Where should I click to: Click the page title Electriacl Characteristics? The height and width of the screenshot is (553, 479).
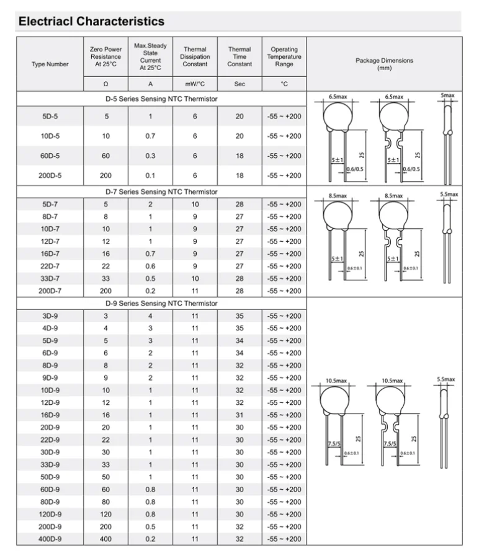[91, 21]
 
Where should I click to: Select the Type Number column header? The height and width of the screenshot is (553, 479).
[50, 64]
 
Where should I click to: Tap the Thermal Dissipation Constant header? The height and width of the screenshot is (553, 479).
[195, 56]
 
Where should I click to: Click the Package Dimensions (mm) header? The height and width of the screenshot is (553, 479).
[384, 64]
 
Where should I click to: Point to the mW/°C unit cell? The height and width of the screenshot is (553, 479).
[195, 84]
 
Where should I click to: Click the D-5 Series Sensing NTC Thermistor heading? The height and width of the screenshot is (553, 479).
[161, 99]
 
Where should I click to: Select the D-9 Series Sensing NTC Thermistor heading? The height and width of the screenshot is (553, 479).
[161, 303]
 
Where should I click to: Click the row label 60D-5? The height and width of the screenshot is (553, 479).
[50, 156]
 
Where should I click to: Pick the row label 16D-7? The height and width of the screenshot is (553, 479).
[50, 254]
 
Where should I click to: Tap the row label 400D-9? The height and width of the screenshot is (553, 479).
[50, 539]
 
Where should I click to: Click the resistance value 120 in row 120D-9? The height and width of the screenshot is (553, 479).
[106, 514]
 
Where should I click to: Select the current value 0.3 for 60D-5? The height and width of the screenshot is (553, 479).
[150, 156]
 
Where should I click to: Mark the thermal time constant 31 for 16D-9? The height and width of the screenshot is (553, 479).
[239, 415]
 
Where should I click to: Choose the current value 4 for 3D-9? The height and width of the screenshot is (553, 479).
[150, 316]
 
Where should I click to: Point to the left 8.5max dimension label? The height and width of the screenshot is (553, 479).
[339, 195]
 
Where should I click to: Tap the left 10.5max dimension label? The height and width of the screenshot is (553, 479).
[336, 381]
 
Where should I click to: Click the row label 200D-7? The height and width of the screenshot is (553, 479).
[50, 291]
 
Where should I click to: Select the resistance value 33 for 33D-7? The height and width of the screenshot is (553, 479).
[106, 278]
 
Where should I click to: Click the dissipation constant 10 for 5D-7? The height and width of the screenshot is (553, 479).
[195, 204]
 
